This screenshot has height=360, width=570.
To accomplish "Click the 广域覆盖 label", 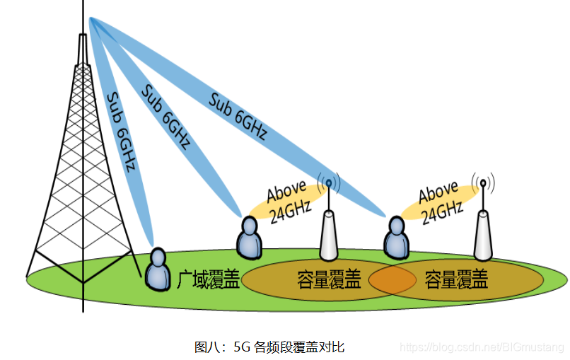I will [207, 280].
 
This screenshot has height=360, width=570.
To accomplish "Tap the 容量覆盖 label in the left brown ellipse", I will [329, 280].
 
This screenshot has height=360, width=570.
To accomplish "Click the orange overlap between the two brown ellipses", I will [391, 279].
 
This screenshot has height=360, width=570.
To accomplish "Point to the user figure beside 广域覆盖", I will [158, 269].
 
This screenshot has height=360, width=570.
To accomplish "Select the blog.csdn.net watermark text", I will [481, 347].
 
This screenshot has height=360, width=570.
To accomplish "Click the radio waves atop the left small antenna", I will [328, 183].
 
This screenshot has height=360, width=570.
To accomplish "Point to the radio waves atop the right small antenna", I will [483, 183].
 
